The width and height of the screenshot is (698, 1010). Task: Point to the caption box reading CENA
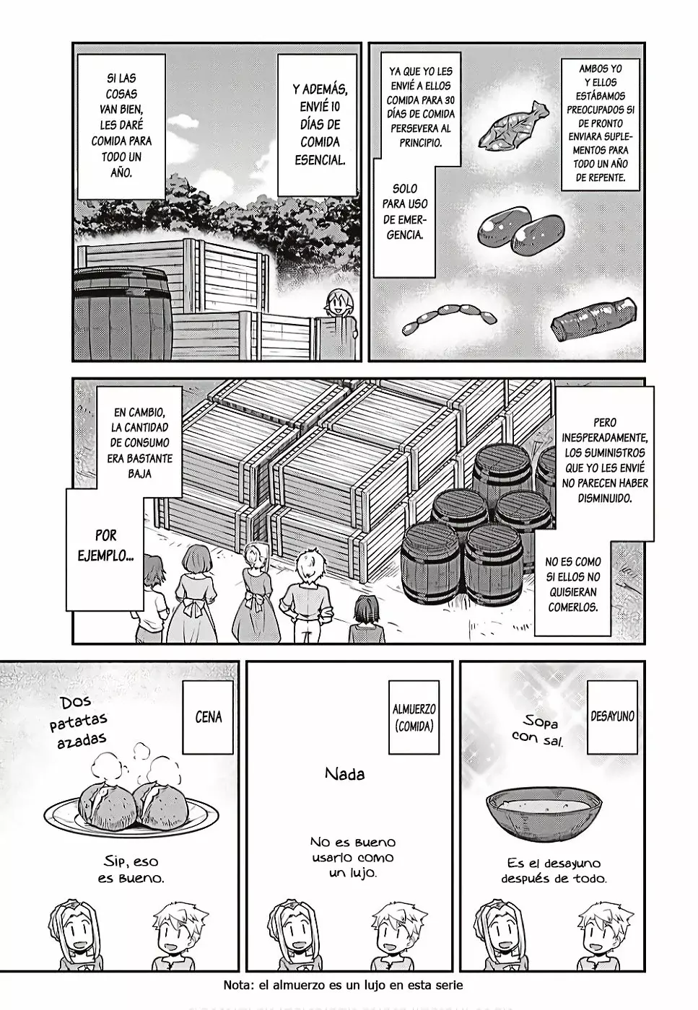pyautogui.click(x=208, y=717)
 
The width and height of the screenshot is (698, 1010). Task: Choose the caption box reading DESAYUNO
pyautogui.click(x=611, y=716)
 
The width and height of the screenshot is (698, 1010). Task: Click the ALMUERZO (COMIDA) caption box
pyautogui.click(x=414, y=717)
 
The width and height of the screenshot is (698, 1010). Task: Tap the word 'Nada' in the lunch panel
pyautogui.click(x=344, y=774)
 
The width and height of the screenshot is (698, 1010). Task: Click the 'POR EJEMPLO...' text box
pyautogui.click(x=105, y=546)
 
